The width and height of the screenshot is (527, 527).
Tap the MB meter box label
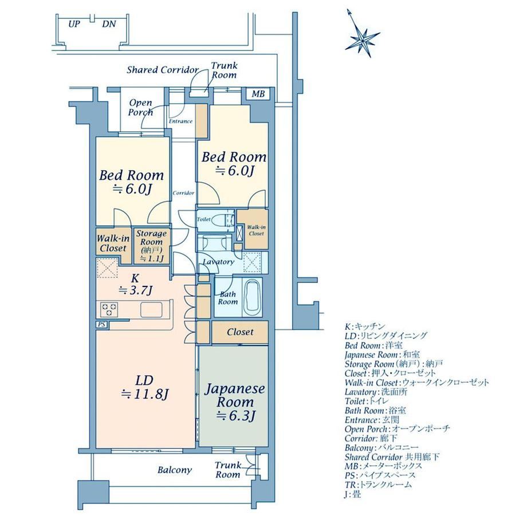(258, 94)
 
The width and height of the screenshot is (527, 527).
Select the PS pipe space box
(101, 325)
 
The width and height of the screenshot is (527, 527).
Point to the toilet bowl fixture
(222, 220)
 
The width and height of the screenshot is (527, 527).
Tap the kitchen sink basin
(152, 309)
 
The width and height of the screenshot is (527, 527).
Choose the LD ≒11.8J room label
(145, 388)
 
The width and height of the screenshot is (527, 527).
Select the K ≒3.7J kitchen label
(135, 284)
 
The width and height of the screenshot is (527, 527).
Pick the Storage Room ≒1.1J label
(151, 246)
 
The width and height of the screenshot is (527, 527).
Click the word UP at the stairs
(74, 24)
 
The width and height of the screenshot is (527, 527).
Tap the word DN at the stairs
(109, 24)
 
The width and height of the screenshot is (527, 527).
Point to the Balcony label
(175, 470)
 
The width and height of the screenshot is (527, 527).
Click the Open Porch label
(141, 107)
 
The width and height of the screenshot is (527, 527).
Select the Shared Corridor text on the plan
(163, 70)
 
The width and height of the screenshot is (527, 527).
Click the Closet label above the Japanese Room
(241, 332)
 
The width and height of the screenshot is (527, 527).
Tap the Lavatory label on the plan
(218, 262)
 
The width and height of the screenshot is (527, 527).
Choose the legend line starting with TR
(378, 485)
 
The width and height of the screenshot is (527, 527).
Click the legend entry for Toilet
(367, 401)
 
